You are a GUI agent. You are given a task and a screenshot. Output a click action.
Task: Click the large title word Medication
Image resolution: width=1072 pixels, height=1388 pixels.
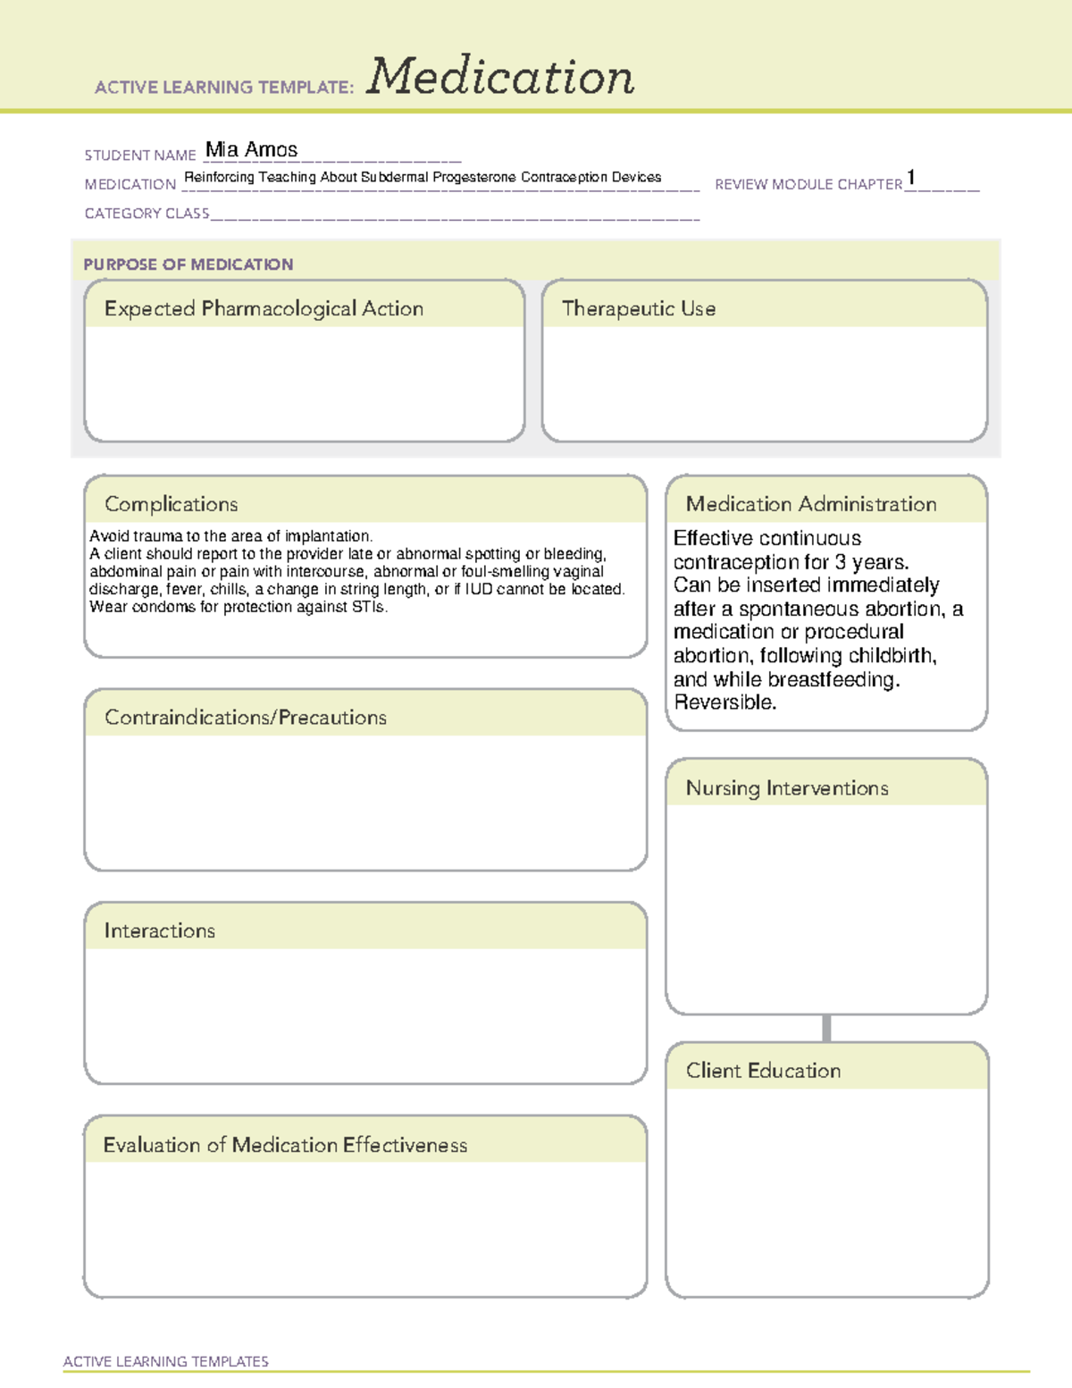[x=500, y=77]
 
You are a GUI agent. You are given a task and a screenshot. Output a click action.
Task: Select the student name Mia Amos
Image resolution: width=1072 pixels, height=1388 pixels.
[x=251, y=150]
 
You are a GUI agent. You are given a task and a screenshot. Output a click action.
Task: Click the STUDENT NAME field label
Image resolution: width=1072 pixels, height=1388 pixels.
[x=140, y=156]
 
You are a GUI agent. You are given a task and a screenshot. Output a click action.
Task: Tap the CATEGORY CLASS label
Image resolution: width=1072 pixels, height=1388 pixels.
[x=147, y=214]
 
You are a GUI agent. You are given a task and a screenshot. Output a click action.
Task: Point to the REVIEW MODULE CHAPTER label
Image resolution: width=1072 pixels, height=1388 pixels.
[x=808, y=185]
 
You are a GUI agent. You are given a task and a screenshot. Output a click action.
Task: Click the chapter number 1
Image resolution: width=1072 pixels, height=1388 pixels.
[x=910, y=178]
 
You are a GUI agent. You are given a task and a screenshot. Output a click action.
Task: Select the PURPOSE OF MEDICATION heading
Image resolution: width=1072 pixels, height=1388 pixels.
[x=188, y=265]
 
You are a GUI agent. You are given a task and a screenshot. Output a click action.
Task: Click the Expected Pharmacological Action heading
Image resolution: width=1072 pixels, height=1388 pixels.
[x=264, y=309]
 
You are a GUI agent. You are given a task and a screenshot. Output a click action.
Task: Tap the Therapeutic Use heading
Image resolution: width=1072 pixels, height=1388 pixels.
[x=638, y=309]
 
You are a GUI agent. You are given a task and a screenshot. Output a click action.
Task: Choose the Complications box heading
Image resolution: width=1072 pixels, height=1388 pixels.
[x=172, y=504]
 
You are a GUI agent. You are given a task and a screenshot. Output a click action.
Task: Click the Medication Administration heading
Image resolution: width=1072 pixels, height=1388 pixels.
[x=810, y=504]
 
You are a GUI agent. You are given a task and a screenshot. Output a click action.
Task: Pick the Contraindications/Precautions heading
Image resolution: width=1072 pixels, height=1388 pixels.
[x=246, y=718]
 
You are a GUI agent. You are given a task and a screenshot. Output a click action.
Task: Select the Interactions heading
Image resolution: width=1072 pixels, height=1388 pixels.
[x=160, y=931]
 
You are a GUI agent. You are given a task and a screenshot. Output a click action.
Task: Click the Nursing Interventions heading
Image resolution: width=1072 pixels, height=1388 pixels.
[x=786, y=788]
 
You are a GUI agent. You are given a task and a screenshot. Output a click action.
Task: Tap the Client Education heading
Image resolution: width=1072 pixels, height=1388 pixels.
[x=763, y=1071]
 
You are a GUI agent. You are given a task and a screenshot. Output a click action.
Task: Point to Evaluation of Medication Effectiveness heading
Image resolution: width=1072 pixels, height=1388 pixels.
[x=285, y=1145]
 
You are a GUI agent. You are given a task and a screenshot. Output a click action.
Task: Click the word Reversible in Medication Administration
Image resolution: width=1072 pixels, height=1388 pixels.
[x=724, y=702]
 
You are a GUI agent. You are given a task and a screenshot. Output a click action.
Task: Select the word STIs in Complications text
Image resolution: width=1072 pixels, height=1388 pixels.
[x=369, y=607]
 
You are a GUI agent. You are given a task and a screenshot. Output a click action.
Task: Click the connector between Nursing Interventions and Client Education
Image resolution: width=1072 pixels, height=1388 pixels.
[x=826, y=1028]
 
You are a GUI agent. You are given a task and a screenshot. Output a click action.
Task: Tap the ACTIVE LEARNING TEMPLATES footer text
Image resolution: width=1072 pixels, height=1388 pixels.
[x=166, y=1361]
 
